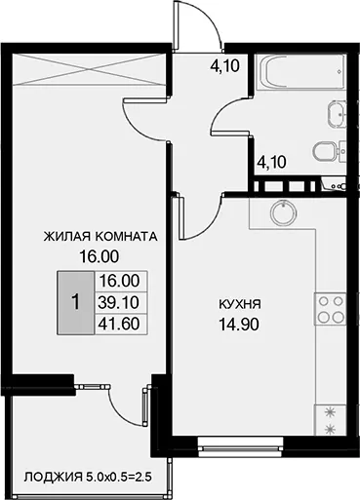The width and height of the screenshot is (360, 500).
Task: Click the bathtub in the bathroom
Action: coord(300,72)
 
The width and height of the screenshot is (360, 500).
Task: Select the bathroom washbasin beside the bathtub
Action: coord(337,114)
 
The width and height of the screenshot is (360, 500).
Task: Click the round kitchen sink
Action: coord(284,212)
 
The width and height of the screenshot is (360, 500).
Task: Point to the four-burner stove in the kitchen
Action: coord(330,309)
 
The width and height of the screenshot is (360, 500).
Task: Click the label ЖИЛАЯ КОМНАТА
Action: coord(100,237)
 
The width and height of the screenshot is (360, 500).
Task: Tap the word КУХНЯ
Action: coord(240,304)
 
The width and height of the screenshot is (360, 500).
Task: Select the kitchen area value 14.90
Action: coord(239,324)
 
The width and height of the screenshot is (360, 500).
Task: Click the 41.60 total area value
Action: coord(119,324)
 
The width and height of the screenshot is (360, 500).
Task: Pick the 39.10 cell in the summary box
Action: coord(119,302)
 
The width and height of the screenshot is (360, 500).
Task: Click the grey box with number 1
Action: coord(76,303)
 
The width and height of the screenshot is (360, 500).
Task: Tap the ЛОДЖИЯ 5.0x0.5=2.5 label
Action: coord(88,478)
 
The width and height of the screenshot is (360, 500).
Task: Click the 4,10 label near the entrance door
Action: coord(224,66)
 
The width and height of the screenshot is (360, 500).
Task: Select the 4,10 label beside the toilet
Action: coord(271,162)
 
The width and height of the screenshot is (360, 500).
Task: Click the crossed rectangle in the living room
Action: coord(89,70)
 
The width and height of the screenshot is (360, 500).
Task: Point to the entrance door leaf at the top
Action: coord(176,26)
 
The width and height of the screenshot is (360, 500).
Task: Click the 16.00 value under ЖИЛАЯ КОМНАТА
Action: coord(100,256)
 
